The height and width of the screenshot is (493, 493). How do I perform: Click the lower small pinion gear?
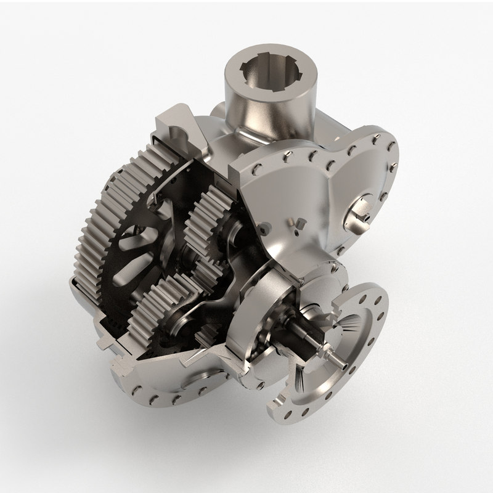tap(163, 301)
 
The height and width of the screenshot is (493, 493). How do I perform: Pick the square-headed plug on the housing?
tap(301, 223)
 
